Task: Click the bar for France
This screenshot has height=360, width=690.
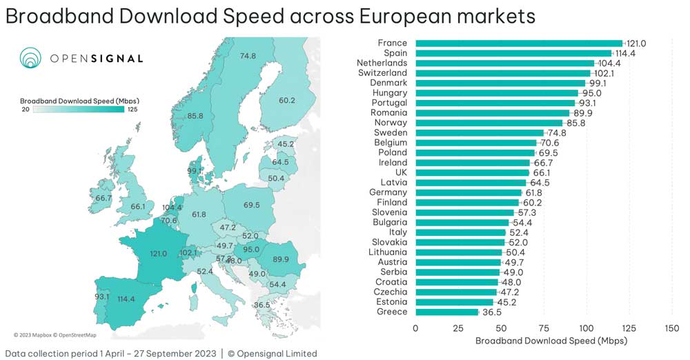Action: [517, 43]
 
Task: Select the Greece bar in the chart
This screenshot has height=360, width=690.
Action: [446, 312]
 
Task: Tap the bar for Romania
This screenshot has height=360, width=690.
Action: [492, 113]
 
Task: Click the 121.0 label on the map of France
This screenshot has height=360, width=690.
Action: [159, 254]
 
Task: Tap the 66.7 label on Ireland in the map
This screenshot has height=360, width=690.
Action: [103, 198]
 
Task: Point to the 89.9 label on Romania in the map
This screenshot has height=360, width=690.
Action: [281, 259]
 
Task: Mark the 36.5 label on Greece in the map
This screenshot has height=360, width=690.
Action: [262, 305]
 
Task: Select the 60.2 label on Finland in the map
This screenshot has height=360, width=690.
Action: [287, 101]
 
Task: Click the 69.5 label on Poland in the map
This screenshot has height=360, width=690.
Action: [251, 206]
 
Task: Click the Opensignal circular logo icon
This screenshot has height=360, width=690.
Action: [31, 59]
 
